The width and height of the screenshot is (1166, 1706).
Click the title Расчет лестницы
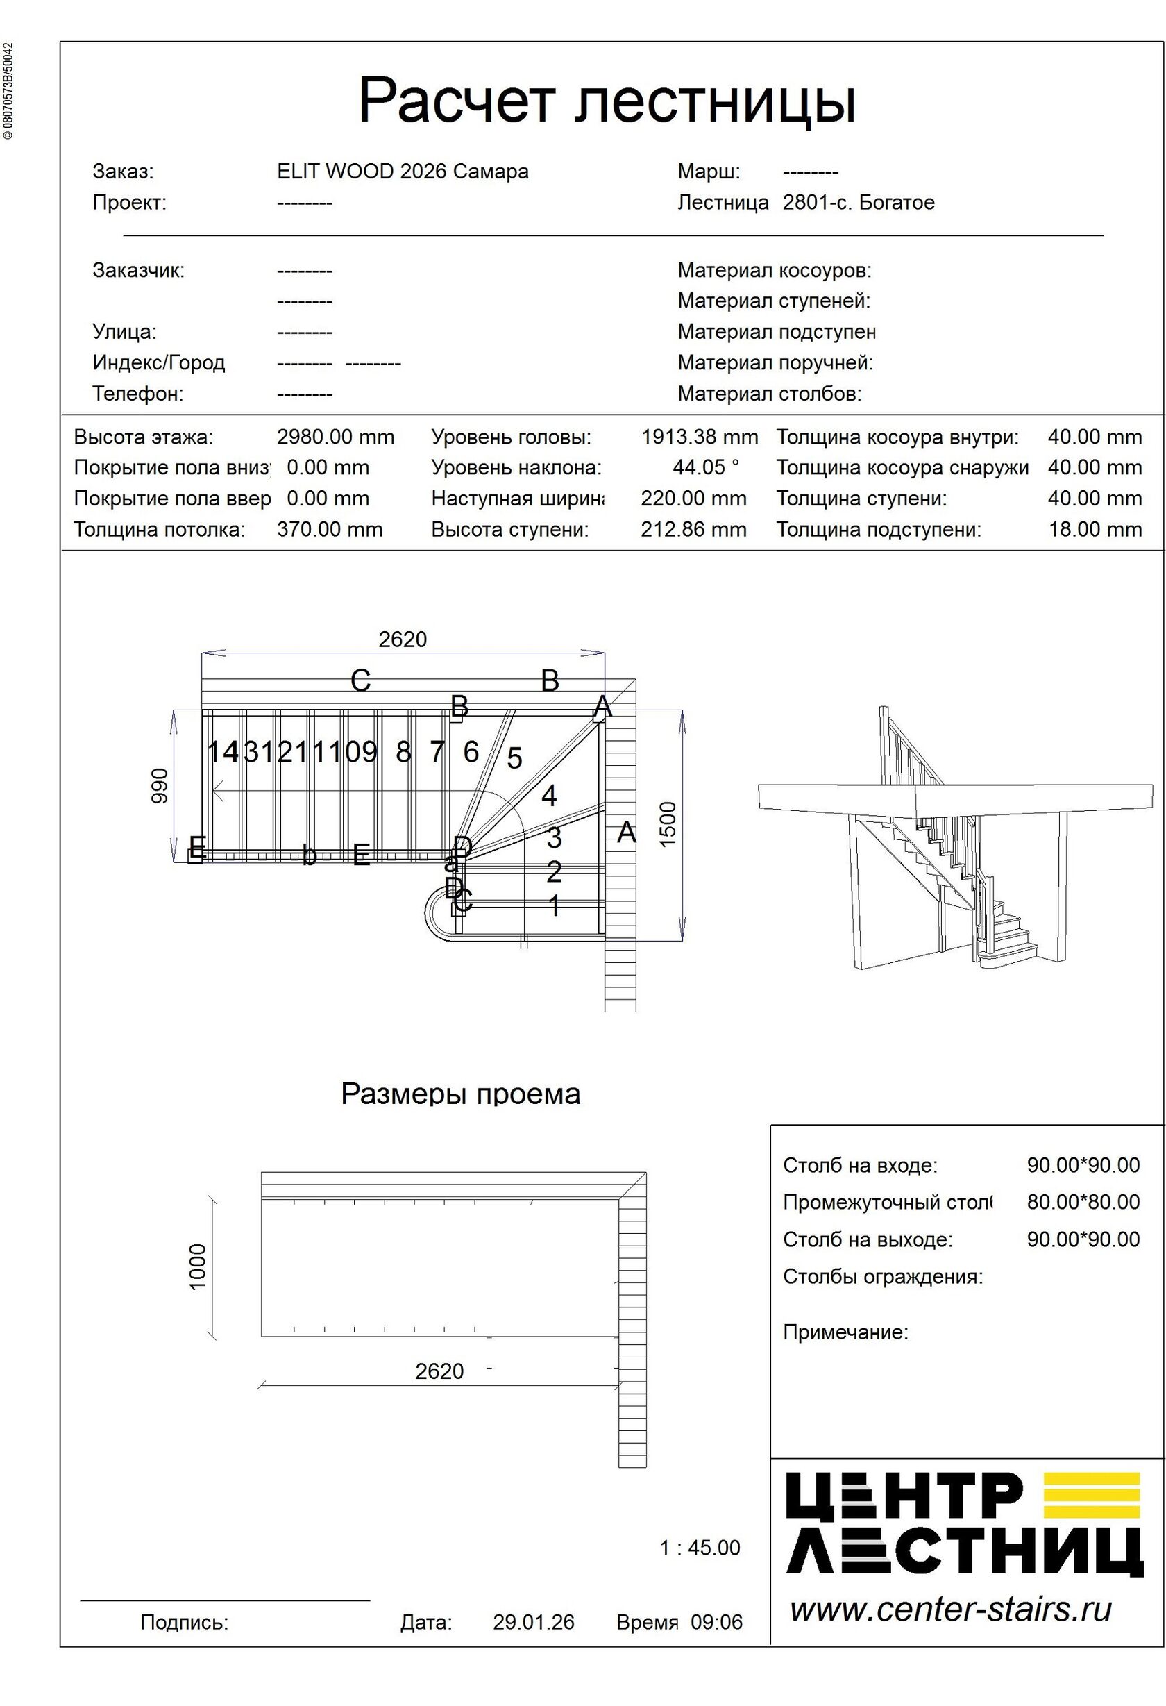click(607, 101)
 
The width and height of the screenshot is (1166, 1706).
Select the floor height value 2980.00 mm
click(335, 437)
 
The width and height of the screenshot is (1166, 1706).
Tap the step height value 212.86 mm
click(693, 529)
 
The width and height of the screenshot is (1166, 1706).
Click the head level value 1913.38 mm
click(700, 437)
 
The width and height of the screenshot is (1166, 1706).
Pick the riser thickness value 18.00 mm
click(1095, 529)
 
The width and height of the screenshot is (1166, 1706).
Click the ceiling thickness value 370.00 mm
click(330, 529)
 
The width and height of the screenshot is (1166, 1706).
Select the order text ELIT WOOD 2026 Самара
click(403, 172)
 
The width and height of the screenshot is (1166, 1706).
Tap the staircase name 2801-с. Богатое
click(859, 203)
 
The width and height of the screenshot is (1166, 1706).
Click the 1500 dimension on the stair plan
click(668, 823)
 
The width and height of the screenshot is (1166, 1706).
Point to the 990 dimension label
click(160, 785)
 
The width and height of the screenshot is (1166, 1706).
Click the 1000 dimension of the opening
click(198, 1266)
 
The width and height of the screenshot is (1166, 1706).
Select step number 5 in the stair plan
click(514, 758)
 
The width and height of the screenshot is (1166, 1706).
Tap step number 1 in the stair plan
click(555, 906)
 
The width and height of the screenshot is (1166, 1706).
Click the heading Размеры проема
click(461, 1094)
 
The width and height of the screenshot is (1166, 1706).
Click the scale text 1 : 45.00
click(700, 1548)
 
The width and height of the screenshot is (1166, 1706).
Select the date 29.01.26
click(534, 1622)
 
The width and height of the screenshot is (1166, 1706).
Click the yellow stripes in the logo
click(1091, 1495)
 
